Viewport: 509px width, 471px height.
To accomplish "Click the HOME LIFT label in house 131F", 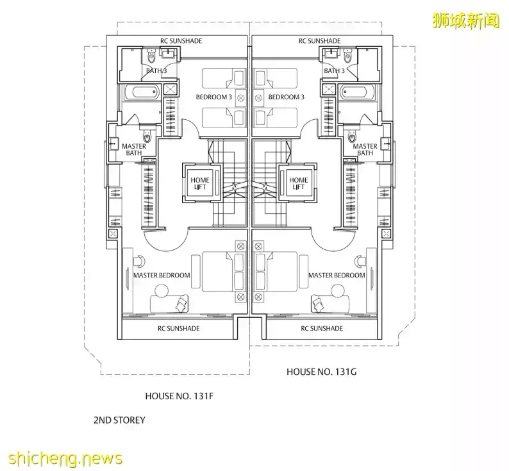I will [x=201, y=183].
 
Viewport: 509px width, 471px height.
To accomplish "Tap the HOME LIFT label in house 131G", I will [x=299, y=183].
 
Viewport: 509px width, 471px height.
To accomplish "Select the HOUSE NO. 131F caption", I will [x=179, y=395].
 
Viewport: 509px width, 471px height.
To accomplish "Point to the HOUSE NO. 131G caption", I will [x=319, y=371].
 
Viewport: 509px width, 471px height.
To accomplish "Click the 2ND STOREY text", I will [x=119, y=420].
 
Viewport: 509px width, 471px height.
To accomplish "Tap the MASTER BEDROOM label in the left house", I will [x=162, y=275].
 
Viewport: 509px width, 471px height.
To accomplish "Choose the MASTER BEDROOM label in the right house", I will [x=337, y=275].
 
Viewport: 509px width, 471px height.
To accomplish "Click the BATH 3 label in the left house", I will [x=156, y=70].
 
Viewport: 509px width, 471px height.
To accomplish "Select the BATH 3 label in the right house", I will [x=334, y=70].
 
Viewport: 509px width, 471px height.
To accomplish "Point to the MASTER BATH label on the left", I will [x=134, y=149].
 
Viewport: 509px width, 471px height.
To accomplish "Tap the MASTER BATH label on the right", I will [x=365, y=149].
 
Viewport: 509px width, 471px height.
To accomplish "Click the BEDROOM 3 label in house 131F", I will [x=214, y=97].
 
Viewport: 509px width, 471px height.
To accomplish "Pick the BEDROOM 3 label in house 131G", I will [x=286, y=97].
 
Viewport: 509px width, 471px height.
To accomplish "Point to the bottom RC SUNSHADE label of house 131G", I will [x=321, y=328].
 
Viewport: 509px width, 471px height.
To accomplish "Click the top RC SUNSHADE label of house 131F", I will [x=181, y=40].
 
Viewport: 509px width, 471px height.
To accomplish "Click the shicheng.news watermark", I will [x=62, y=458].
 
